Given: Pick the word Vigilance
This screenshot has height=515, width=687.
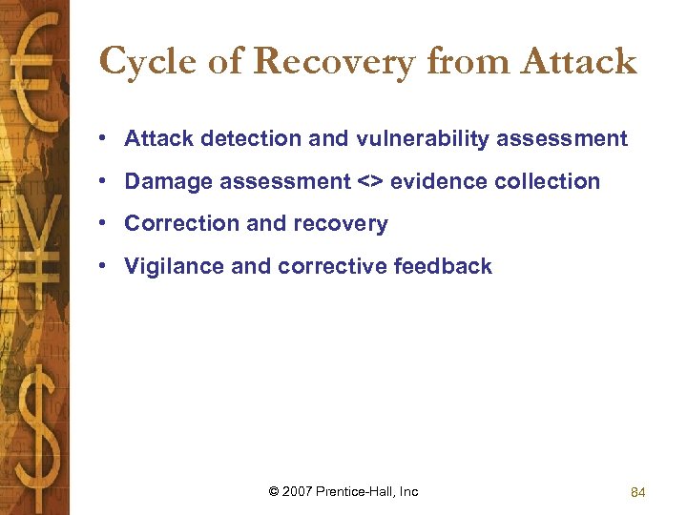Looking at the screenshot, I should click(x=175, y=267).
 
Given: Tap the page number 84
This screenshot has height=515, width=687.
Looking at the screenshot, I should click(x=638, y=492).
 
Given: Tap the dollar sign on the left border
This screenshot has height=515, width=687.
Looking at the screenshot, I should click(x=35, y=420).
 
